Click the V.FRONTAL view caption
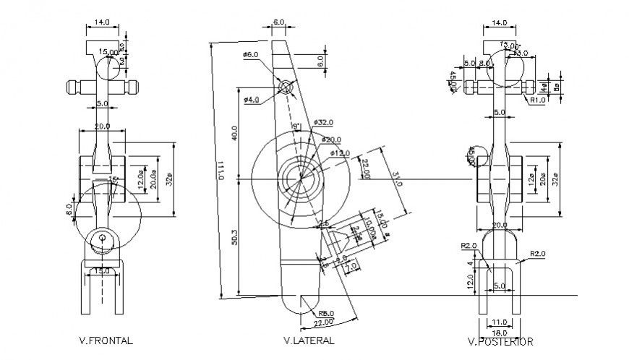(x=106, y=339)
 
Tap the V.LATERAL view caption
(x=309, y=340)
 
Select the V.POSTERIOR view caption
(x=501, y=341)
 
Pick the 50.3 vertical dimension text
(x=235, y=238)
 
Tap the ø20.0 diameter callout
(x=331, y=139)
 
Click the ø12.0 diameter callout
(x=339, y=153)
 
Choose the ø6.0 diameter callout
(x=251, y=55)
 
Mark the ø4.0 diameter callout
(x=251, y=99)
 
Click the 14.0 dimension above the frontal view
(x=102, y=22)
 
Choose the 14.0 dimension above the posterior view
(x=499, y=22)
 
